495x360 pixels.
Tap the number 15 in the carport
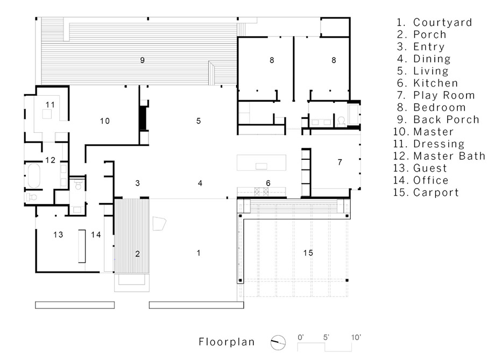pyautogui.click(x=308, y=252)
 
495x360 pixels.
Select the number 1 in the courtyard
pyautogui.click(x=199, y=252)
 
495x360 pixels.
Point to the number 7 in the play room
pyautogui.click(x=340, y=162)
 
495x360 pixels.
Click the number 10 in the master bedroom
pyautogui.click(x=105, y=121)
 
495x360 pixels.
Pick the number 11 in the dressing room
pyautogui.click(x=50, y=104)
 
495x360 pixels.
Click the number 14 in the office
pyautogui.click(x=96, y=234)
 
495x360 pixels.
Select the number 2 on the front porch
pyautogui.click(x=137, y=253)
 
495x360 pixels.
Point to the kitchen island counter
pyautogui.click(x=261, y=163)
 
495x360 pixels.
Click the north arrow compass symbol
pyautogui.click(x=278, y=341)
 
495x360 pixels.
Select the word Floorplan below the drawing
pyautogui.click(x=227, y=341)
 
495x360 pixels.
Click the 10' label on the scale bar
pyautogui.click(x=356, y=337)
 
